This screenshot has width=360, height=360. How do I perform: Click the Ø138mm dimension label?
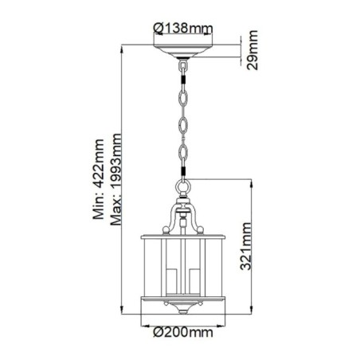(182, 29)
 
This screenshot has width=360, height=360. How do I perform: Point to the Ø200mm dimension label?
(184, 331)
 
